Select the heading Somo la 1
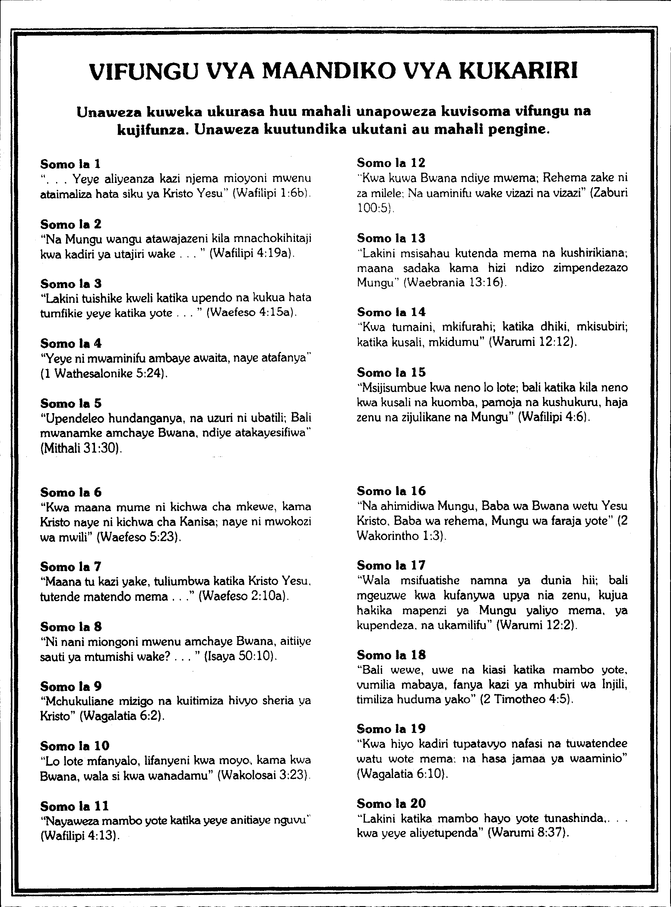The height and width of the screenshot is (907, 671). click(x=70, y=164)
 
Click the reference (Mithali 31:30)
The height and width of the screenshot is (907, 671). click(x=81, y=448)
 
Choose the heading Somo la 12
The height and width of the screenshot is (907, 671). click(x=391, y=163)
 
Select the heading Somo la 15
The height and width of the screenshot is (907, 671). click(x=391, y=372)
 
